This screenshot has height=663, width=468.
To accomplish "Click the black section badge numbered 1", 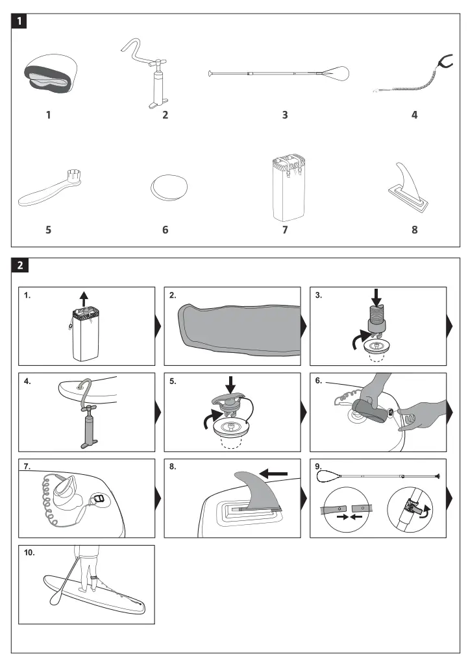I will [x=21, y=21].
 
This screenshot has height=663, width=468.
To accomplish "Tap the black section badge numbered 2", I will [x=21, y=265].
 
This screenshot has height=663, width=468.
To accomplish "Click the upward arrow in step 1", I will [x=83, y=299].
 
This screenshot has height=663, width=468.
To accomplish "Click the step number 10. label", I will [x=30, y=553].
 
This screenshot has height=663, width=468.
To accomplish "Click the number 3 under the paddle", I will [x=284, y=115].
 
